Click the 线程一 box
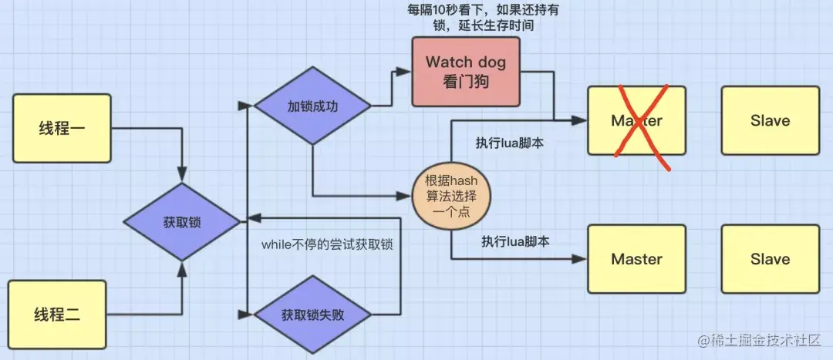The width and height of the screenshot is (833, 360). [x=62, y=128]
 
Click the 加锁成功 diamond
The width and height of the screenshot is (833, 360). [x=312, y=106]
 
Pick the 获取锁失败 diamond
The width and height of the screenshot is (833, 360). [x=312, y=315]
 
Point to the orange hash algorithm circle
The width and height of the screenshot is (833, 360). [x=452, y=196]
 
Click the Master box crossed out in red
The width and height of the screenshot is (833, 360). [x=636, y=120]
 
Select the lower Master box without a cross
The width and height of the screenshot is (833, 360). [x=636, y=259]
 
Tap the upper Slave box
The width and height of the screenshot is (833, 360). [x=770, y=120]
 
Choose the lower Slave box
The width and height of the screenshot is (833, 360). [x=770, y=259]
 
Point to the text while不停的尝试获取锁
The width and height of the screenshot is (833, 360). [x=327, y=245]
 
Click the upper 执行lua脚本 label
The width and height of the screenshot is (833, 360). [x=510, y=143]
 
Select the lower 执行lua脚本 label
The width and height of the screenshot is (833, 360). [x=514, y=241]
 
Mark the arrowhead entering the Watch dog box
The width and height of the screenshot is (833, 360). [x=406, y=71]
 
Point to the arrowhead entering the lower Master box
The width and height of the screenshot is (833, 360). [x=582, y=259]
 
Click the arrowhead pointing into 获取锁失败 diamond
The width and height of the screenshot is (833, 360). [x=248, y=315]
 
